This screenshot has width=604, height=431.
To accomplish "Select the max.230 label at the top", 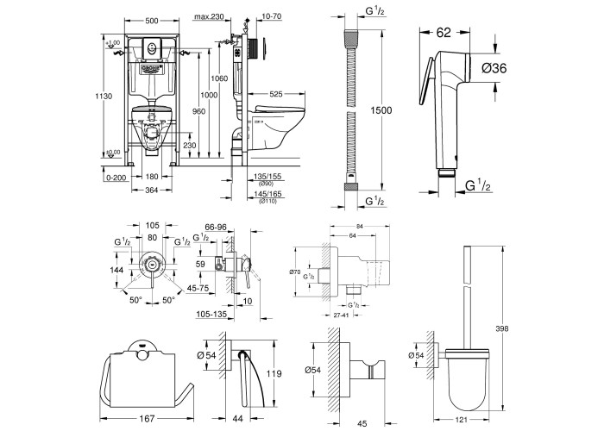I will click(x=209, y=16).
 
